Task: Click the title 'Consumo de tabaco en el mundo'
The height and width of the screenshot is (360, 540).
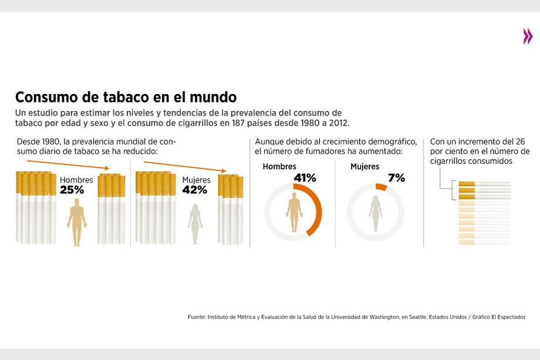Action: pos(126,97)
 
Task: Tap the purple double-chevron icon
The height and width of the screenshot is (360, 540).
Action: pos(528,36)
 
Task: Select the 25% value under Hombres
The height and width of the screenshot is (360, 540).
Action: pos(72,190)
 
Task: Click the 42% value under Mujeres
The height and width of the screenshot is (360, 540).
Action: pos(194,190)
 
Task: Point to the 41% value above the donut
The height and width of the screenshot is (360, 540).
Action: pos(305,177)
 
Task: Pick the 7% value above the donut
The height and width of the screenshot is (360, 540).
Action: pos(396,177)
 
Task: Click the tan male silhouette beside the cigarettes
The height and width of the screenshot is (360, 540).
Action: pos(76,221)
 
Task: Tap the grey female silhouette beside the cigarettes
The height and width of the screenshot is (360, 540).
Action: pos(195,224)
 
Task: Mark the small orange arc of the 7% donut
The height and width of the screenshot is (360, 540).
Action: pos(381,187)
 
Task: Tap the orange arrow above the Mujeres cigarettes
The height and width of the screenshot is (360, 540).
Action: pos(184,166)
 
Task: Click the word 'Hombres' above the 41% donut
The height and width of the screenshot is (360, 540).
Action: pos(279,167)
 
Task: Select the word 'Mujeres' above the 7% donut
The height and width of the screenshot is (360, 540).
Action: pos(365,167)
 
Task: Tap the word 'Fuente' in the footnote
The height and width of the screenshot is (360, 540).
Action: pos(197,317)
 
